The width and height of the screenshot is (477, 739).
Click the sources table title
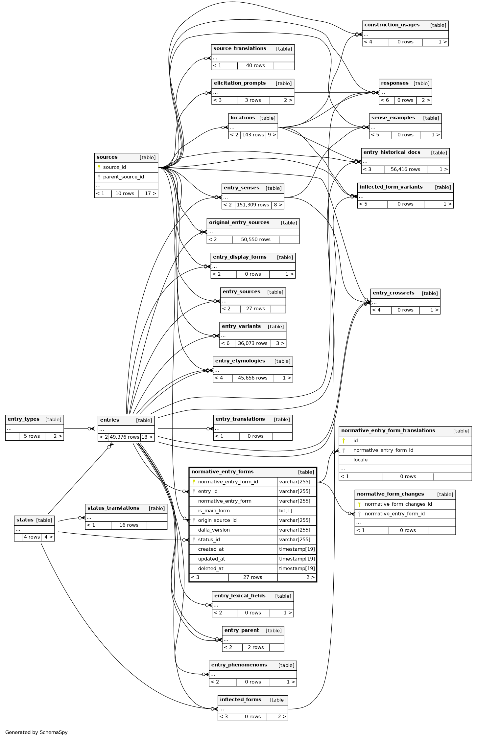tap(107, 157)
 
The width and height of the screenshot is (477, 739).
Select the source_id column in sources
tap(114, 167)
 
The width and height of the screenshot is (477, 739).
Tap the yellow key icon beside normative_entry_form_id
tap(194, 482)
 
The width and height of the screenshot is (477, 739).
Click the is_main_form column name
tap(214, 511)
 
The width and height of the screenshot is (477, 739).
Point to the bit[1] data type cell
tap(286, 511)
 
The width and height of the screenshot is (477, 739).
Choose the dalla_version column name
tap(214, 530)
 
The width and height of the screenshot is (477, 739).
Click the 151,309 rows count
tap(253, 205)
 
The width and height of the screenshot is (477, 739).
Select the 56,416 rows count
tap(405, 169)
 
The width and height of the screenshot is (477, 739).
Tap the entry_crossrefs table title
tap(394, 293)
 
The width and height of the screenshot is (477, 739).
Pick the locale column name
tap(360, 460)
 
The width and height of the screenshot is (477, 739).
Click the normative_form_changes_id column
tap(398, 504)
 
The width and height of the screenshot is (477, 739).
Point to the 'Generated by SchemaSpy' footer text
tap(36, 732)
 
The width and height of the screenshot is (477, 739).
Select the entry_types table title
tap(23, 419)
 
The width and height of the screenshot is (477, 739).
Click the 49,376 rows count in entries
tap(124, 437)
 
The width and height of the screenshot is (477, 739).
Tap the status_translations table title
tap(113, 508)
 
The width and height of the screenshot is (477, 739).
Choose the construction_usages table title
tap(392, 25)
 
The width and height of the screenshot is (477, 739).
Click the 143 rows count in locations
tap(253, 135)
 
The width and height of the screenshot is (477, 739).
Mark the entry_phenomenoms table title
tap(239, 665)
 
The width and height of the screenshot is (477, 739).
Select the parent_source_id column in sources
tap(123, 177)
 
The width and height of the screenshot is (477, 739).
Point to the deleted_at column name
tap(210, 568)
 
